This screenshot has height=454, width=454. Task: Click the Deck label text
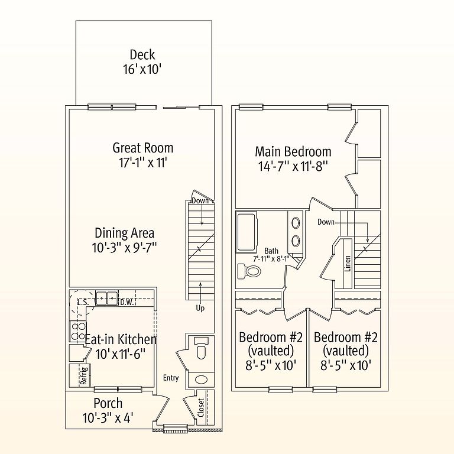click(142, 55)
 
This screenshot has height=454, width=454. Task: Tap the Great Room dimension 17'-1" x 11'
click(143, 163)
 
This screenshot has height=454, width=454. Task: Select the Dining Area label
click(125, 233)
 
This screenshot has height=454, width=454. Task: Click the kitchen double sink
click(106, 298)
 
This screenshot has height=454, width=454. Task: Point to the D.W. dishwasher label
click(128, 303)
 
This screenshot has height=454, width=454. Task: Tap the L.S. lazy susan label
click(83, 303)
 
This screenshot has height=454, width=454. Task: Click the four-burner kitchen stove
click(78, 331)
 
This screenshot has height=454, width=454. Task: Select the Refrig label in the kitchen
click(84, 375)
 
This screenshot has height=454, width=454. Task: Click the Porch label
click(108, 403)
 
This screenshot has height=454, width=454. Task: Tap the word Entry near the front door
click(171, 378)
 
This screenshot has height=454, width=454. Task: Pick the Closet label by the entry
click(201, 408)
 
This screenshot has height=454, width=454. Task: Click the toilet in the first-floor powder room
click(201, 348)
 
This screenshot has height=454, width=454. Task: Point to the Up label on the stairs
click(200, 308)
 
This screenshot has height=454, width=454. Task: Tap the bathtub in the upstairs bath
click(247, 232)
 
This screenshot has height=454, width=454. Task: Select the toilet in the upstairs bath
click(249, 271)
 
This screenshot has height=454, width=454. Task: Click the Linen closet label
click(348, 264)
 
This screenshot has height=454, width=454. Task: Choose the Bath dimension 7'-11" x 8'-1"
click(271, 258)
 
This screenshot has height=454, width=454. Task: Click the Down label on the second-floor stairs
click(326, 222)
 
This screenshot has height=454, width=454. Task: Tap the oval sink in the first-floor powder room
click(201, 380)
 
